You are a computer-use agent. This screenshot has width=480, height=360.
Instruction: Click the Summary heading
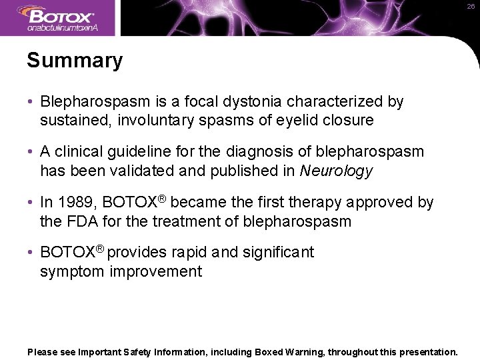[x=75, y=61]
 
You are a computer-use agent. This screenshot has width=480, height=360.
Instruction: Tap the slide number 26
[x=471, y=6]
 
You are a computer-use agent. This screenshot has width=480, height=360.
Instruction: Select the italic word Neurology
[x=336, y=171]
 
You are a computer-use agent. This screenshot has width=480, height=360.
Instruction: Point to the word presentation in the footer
[x=426, y=351]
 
